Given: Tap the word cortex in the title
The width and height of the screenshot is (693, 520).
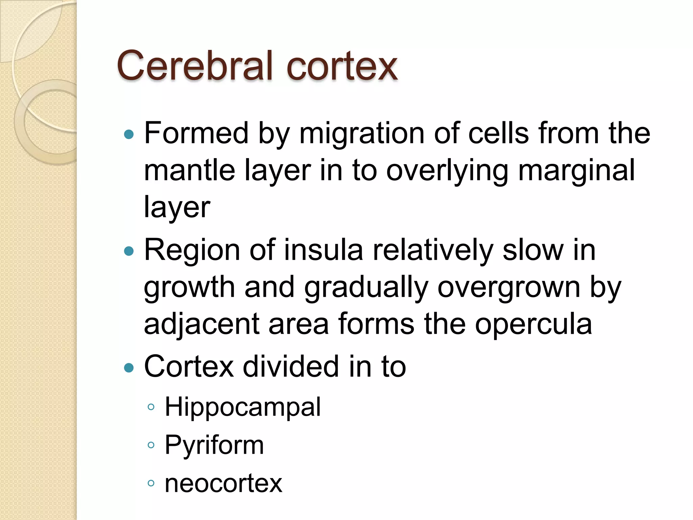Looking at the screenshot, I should [x=341, y=66].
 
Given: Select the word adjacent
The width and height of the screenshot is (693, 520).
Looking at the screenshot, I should [x=202, y=325].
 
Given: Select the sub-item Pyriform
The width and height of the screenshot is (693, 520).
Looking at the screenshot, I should [x=214, y=445].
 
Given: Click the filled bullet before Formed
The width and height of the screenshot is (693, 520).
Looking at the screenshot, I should [x=129, y=135].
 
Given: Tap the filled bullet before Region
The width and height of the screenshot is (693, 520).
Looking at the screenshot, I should [x=129, y=251].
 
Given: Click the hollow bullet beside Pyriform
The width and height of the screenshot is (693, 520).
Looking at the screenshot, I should [x=151, y=445].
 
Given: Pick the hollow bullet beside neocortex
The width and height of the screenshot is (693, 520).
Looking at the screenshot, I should [x=151, y=483].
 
